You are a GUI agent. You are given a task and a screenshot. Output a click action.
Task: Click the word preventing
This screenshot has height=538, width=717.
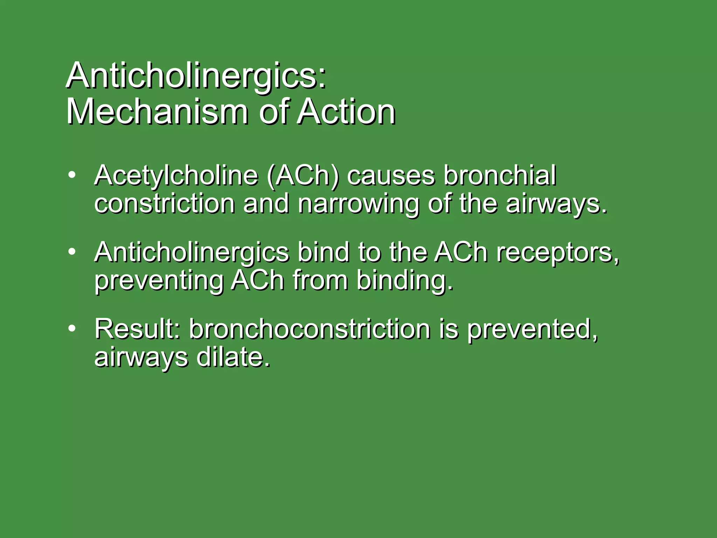[x=159, y=281]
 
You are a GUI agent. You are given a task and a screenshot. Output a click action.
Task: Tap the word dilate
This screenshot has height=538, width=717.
[x=233, y=357]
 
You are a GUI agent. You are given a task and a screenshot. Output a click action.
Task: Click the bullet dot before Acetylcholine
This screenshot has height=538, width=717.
[x=72, y=175]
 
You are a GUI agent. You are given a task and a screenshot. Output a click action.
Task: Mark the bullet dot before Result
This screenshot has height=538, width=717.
[x=72, y=328]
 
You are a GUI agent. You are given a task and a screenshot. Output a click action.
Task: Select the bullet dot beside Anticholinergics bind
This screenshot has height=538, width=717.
[x=72, y=251]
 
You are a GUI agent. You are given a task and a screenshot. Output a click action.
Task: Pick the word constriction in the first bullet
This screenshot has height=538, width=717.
[x=165, y=204]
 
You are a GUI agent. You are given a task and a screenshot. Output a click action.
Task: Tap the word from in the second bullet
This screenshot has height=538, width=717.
[x=320, y=281]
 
